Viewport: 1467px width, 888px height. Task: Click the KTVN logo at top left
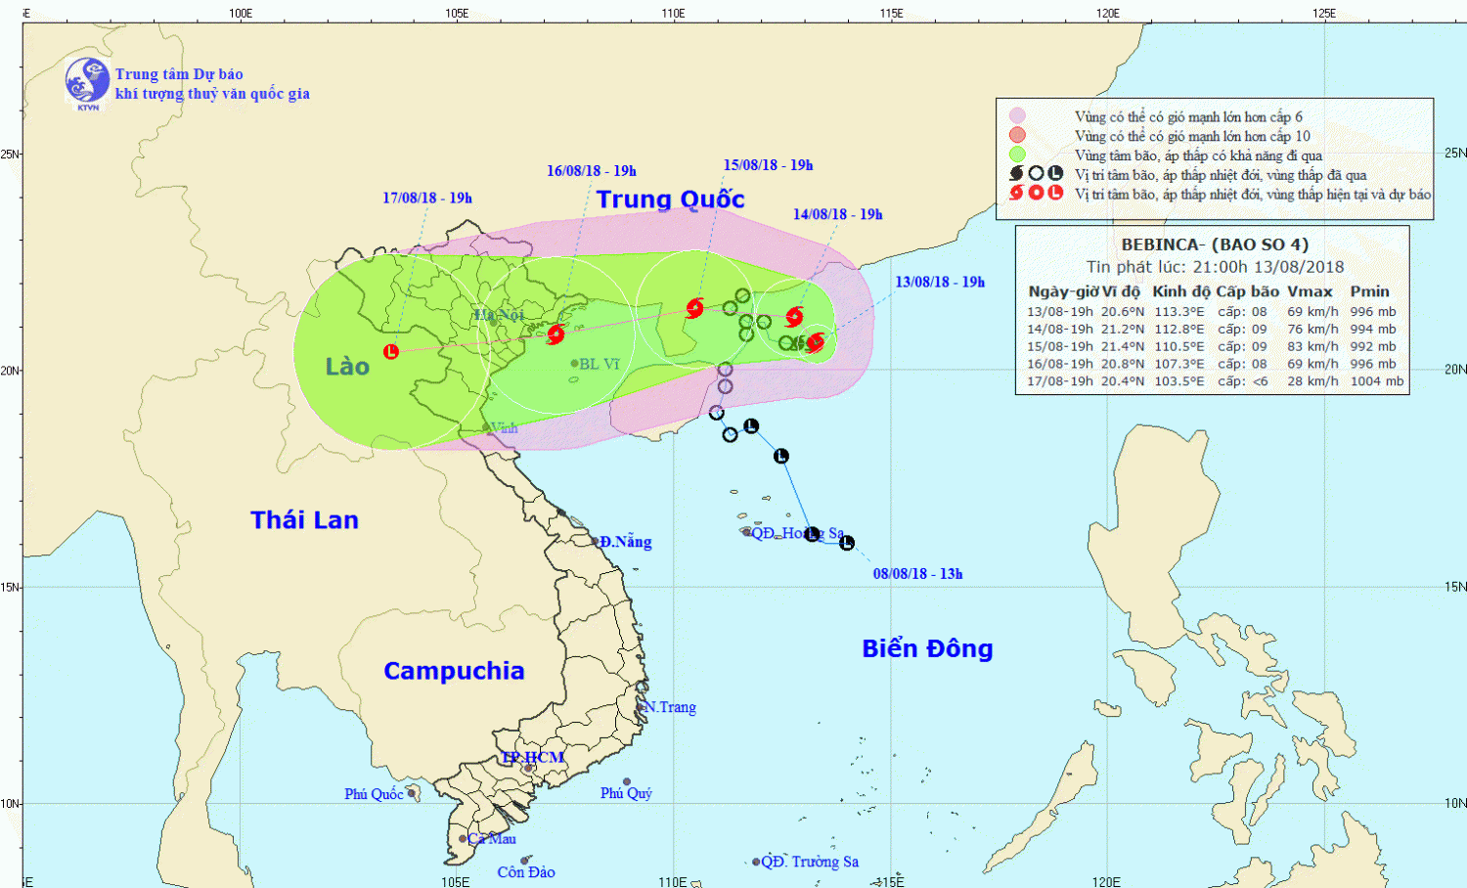click(x=87, y=81)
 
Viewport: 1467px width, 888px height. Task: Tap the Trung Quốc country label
click(x=670, y=200)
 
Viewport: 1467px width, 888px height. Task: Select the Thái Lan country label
click(x=304, y=520)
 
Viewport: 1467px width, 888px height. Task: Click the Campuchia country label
click(x=454, y=671)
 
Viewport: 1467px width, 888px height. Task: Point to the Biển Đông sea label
click(x=927, y=648)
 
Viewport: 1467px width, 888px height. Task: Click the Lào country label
click(x=347, y=367)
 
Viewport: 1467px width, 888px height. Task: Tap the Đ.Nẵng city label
click(x=625, y=542)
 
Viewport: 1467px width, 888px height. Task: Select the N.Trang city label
click(x=670, y=707)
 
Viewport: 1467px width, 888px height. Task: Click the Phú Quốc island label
click(x=374, y=794)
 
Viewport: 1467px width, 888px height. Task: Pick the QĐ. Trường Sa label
click(x=810, y=862)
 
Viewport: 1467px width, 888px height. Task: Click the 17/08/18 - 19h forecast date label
click(x=427, y=198)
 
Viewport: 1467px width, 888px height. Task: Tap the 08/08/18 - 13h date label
click(x=917, y=574)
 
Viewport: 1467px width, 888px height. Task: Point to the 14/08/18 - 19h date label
click(x=837, y=214)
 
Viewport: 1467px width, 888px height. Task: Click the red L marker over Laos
click(x=391, y=351)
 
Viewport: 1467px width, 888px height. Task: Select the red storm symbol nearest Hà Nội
click(x=556, y=334)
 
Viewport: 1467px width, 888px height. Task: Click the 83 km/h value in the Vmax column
click(x=1312, y=346)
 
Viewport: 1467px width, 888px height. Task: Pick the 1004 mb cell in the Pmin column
click(x=1376, y=381)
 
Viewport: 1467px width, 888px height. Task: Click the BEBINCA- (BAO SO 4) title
click(x=1214, y=244)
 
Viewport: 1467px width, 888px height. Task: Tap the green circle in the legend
click(x=1017, y=155)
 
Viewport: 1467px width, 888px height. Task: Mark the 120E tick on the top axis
click(x=1107, y=13)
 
